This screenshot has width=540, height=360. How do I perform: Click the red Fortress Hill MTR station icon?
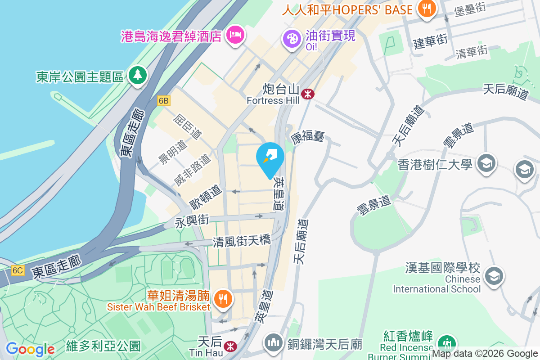(308, 94)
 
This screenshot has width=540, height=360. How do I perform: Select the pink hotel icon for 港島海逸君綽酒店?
(235, 34)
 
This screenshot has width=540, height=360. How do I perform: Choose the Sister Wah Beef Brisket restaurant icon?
(222, 298)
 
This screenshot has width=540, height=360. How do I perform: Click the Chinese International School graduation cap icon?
(494, 274)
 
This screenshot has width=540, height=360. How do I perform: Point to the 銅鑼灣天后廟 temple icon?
(273, 343)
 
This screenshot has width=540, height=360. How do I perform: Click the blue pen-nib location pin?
(270, 157)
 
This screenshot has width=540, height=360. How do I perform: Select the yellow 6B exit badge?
(163, 101)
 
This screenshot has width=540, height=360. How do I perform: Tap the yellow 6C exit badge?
(18, 270)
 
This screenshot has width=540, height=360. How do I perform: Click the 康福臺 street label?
(307, 137)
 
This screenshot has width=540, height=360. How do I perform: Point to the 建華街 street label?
(431, 41)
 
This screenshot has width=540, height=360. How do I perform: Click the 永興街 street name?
(192, 221)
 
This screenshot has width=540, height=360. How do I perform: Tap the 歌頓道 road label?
(206, 198)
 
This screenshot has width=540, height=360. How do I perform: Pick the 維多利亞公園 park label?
(103, 346)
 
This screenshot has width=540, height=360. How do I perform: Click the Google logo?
(30, 349)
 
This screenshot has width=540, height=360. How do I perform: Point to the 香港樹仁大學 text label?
(435, 165)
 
